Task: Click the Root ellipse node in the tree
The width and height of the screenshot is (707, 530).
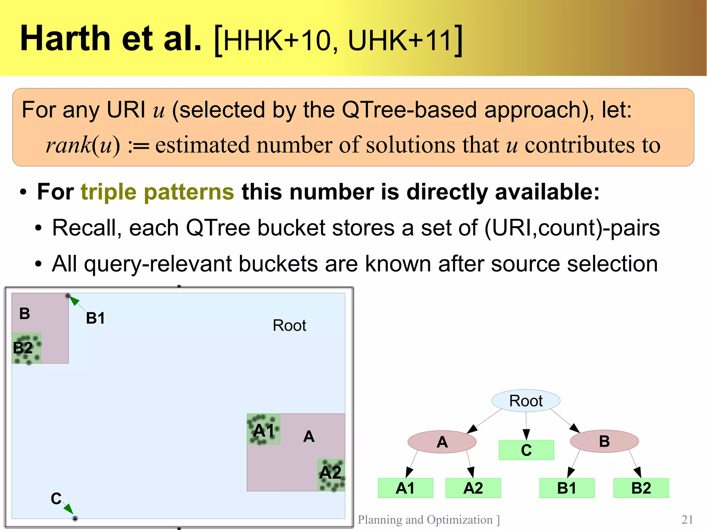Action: (526, 401)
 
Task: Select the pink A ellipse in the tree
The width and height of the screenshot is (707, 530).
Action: (442, 442)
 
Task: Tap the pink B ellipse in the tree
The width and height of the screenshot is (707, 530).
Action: (604, 441)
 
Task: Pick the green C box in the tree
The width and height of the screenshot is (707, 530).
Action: (526, 450)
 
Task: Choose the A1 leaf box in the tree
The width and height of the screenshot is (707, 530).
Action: (405, 488)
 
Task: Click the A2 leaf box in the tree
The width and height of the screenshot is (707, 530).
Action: (473, 488)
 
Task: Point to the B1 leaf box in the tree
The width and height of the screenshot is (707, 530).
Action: (567, 488)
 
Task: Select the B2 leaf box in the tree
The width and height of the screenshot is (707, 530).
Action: (641, 488)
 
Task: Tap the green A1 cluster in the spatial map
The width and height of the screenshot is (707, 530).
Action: (263, 429)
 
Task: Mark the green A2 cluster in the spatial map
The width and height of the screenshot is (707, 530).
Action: (331, 475)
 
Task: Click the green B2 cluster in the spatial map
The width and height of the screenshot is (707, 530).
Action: (26, 348)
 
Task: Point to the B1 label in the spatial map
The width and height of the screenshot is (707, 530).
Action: (95, 318)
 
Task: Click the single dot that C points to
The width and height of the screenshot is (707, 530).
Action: (75, 518)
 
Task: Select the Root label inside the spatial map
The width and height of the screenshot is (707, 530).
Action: (289, 325)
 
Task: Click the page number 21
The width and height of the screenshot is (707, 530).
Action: (687, 519)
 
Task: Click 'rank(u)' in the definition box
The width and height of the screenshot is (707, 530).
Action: (83, 145)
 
